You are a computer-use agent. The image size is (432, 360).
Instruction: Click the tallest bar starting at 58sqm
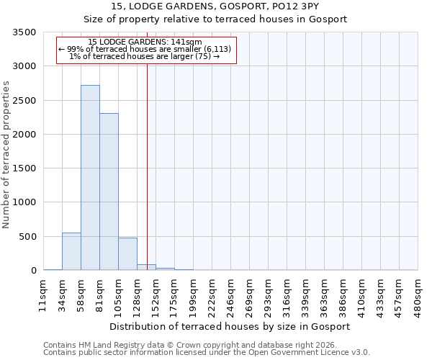pyautogui.click(x=90, y=178)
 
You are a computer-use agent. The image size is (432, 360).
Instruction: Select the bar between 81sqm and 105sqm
pyautogui.click(x=109, y=192)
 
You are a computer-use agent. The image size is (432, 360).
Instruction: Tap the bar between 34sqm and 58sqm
pyautogui.click(x=71, y=251)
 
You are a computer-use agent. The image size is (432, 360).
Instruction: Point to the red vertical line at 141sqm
pyautogui.click(x=147, y=166)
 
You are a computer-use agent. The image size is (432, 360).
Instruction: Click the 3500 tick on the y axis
pyautogui.click(x=26, y=32)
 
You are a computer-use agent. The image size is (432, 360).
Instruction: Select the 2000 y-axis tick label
pyautogui.click(x=26, y=135)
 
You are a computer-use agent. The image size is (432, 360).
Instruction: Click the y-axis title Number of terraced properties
pyautogui.click(x=7, y=155)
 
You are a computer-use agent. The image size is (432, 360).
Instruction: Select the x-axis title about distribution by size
pyautogui.click(x=230, y=326)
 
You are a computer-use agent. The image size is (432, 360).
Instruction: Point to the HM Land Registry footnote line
pyautogui.click(x=204, y=346)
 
